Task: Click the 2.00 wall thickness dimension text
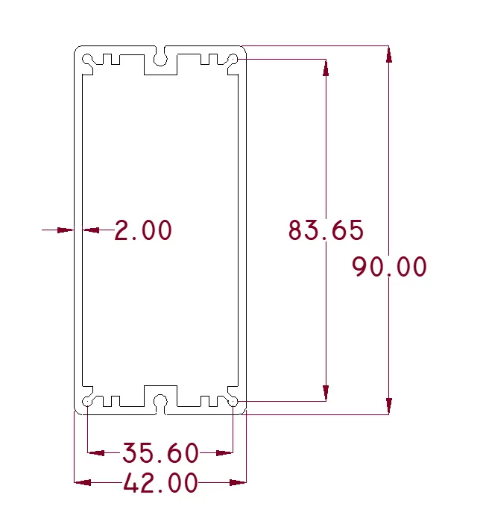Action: click(x=143, y=230)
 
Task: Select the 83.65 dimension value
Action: click(x=326, y=230)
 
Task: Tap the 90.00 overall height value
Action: click(x=389, y=266)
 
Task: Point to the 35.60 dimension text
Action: click(x=161, y=452)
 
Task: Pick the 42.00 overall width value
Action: click(x=161, y=483)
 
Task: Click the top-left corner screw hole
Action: click(x=87, y=59)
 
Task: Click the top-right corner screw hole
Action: click(x=233, y=59)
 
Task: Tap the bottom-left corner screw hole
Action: click(x=87, y=402)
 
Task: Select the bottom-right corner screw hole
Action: click(x=233, y=402)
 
